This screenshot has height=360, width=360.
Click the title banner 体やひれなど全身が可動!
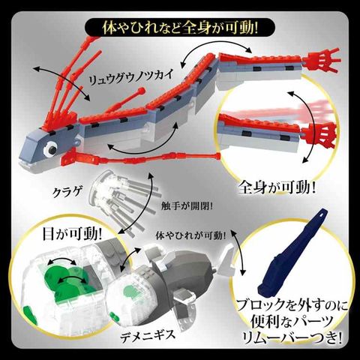pyautogui.click(x=180, y=28)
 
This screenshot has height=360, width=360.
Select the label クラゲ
pyautogui.click(x=67, y=192)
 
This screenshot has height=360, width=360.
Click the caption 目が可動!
pyautogui.click(x=73, y=234)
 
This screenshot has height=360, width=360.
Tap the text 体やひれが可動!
pyautogui.click(x=191, y=235)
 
